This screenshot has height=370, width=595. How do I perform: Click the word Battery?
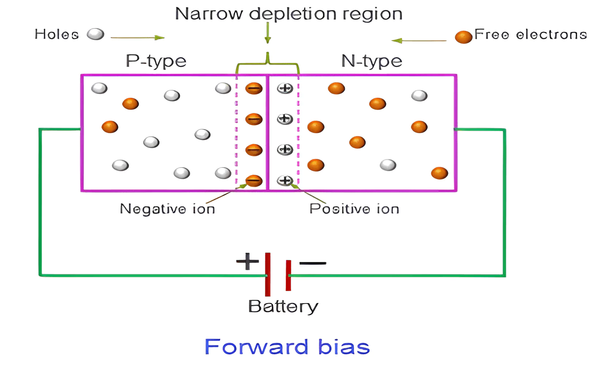283,307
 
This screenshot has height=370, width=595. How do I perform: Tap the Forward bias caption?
287,347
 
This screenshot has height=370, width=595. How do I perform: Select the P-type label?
156,61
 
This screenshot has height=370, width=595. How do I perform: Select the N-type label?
372,61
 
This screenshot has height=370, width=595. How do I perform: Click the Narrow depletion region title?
289,14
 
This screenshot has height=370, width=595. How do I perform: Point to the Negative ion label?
167,209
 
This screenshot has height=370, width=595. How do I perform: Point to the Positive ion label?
355,209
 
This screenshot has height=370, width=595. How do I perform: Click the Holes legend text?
57,34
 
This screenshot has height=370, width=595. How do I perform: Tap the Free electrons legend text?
530,34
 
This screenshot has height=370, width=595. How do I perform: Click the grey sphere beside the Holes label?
96,34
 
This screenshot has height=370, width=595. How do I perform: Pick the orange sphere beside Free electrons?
463,37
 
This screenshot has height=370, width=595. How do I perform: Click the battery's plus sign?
247,261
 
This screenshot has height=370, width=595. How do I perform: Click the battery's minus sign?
312,263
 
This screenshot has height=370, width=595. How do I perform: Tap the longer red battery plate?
268,274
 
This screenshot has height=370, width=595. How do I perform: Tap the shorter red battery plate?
288,275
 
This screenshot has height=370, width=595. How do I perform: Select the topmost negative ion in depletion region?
254,88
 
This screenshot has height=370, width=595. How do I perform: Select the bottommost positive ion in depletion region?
285,181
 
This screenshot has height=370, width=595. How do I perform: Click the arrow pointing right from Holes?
137,38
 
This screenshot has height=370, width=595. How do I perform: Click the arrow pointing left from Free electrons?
419,41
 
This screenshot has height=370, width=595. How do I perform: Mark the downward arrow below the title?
268,33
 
